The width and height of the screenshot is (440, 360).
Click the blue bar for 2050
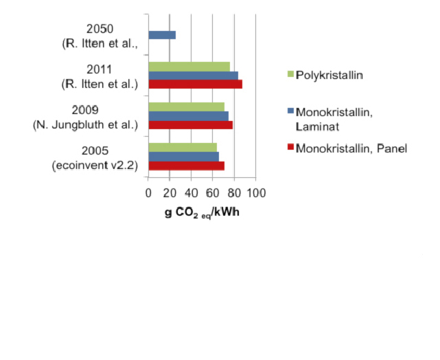pyautogui.click(x=162, y=35)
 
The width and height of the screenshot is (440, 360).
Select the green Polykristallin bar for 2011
pyautogui.click(x=189, y=66)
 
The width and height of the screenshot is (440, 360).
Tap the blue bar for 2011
pyautogui.click(x=193, y=75)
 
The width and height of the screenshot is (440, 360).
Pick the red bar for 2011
pyautogui.click(x=195, y=84)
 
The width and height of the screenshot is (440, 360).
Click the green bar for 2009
pyautogui.click(x=186, y=106)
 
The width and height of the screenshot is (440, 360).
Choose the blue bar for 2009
pyautogui.click(x=188, y=115)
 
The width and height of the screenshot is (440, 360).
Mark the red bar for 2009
pyautogui.click(x=190, y=124)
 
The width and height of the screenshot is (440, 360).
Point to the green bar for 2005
pyautogui.click(x=183, y=147)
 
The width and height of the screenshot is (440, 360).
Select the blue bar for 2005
pyautogui.click(x=183, y=156)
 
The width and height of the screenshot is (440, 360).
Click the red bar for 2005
pyautogui.click(x=186, y=165)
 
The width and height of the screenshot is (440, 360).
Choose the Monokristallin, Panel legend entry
pyautogui.click(x=351, y=148)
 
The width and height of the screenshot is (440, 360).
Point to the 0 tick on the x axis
pyautogui.click(x=148, y=193)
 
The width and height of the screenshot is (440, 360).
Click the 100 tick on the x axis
pyautogui.click(x=257, y=193)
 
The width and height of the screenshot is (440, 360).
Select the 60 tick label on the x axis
pyautogui.click(x=213, y=193)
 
